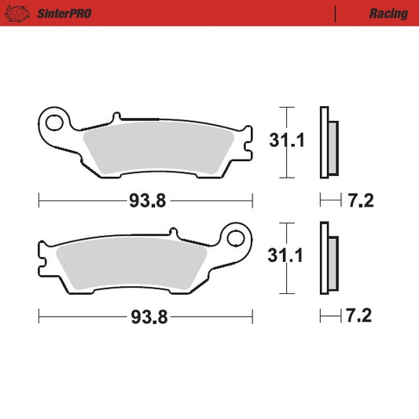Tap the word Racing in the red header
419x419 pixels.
click(388, 13)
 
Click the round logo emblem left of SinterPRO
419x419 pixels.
click(17, 13)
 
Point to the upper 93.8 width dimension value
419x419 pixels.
click(147, 201)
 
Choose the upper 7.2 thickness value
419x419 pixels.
click(359, 201)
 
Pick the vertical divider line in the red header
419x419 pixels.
click(336, 13)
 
